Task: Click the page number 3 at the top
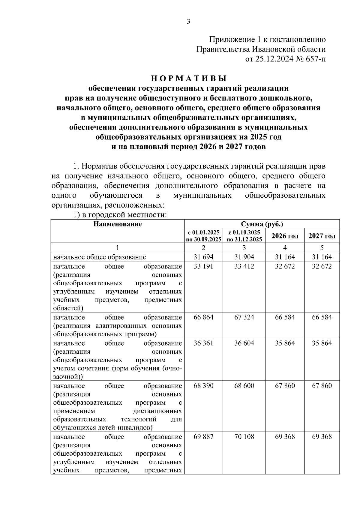[x=188, y=22]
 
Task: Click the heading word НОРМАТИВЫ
[x=188, y=79]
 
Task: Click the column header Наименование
[x=117, y=224]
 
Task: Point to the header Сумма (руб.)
[x=262, y=224]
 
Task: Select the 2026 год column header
[x=285, y=236]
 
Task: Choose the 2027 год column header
[x=322, y=236]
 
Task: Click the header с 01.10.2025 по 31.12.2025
[x=244, y=236]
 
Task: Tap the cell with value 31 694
[x=203, y=257]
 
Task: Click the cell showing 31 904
[x=244, y=257]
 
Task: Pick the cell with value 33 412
[x=244, y=266]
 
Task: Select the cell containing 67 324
[x=244, y=317]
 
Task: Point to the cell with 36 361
[x=203, y=343]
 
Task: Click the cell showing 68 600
[x=244, y=386]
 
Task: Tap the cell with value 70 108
[x=244, y=437]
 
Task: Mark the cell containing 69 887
[x=203, y=437]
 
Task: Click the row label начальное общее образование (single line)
[x=100, y=257]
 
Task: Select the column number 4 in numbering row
[x=285, y=248]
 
